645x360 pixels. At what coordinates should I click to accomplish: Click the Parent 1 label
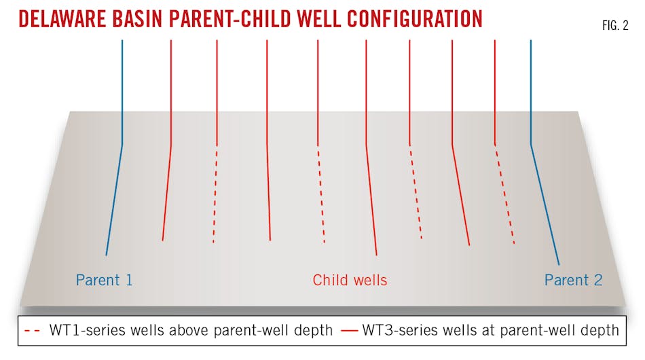click(x=104, y=280)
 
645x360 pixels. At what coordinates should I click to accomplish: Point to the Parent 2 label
click(x=574, y=280)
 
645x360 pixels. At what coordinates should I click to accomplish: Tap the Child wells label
click(x=350, y=280)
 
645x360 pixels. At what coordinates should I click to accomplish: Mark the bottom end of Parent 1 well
click(x=107, y=255)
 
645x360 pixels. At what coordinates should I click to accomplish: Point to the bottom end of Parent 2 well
click(x=559, y=264)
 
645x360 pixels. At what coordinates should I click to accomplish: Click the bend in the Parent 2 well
click(x=531, y=144)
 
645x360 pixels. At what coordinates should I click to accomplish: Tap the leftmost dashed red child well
click(x=215, y=194)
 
